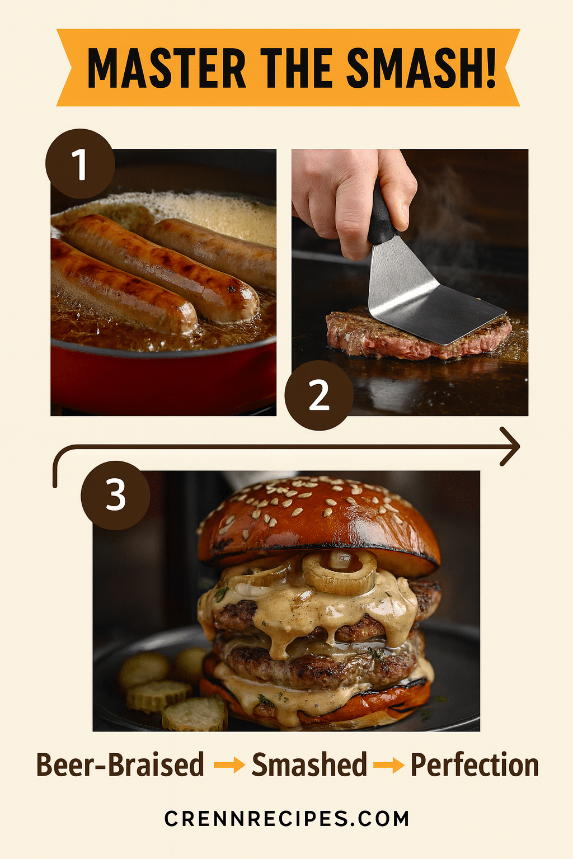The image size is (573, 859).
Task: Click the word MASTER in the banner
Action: pos(167,68)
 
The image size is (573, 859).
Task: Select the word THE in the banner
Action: pos(297,68)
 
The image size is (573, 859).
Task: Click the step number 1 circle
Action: pos(80,164)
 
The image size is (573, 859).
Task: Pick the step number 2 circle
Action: pos(319,395)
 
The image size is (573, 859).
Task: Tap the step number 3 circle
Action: pos(115,495)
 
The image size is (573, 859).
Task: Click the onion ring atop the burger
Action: pos(340,572)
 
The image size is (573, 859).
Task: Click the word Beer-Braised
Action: pos(120,764)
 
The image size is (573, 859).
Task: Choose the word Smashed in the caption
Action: pos(309,764)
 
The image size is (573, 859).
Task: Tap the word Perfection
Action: pos(475,764)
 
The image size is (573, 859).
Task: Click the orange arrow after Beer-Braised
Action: pos(229,766)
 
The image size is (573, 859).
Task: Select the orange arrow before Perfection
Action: pos(388,766)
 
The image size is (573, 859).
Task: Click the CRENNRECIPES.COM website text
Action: pos(286,819)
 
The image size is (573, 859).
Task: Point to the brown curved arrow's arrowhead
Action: pos(510,446)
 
